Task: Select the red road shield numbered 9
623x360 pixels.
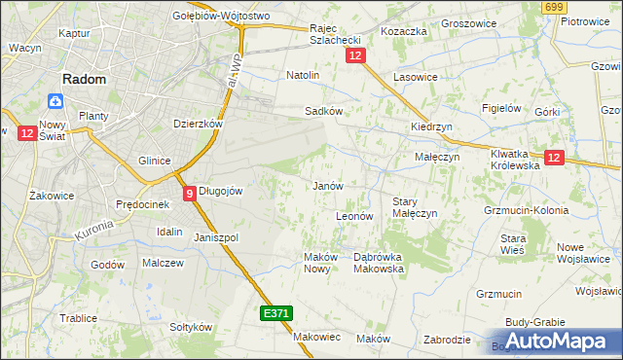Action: (x=190, y=193)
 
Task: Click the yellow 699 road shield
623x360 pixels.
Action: (x=554, y=8)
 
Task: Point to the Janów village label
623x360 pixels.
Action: (x=326, y=185)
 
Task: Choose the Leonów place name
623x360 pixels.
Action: (x=354, y=215)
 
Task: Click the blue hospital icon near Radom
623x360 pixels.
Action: (x=55, y=101)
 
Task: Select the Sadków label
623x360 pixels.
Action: (x=323, y=111)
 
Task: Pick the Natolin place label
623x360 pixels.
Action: (x=303, y=74)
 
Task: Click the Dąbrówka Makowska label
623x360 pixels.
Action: (x=378, y=263)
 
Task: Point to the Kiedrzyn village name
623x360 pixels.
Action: (x=431, y=126)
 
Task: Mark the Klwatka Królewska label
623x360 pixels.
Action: (x=515, y=160)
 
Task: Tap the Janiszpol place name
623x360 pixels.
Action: (x=216, y=237)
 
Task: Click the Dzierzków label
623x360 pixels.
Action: (x=199, y=125)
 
